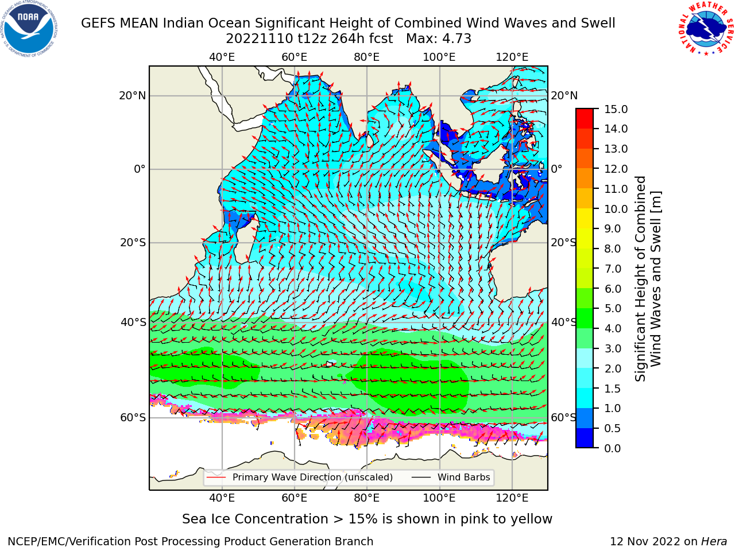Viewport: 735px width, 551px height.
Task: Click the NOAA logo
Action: (29, 29)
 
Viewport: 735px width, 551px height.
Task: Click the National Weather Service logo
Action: (706, 29)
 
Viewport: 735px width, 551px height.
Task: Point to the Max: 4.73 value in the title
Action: (439, 39)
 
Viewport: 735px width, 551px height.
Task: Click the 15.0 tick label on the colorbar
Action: (616, 109)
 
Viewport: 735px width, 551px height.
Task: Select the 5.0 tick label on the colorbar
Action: (613, 308)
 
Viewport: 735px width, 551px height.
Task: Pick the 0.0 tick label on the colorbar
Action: (613, 448)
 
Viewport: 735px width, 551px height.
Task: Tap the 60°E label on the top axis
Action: (295, 57)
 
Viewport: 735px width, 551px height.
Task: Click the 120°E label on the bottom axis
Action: (512, 498)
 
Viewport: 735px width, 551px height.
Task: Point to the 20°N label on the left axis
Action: (133, 96)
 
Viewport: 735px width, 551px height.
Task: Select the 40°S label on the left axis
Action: (133, 323)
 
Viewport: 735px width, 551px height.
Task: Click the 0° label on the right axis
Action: (556, 169)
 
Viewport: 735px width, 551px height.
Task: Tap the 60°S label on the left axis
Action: (133, 418)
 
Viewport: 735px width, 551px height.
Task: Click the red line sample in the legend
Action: (216, 478)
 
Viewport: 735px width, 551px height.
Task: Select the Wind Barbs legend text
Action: (464, 478)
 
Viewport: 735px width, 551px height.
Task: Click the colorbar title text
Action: (648, 279)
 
